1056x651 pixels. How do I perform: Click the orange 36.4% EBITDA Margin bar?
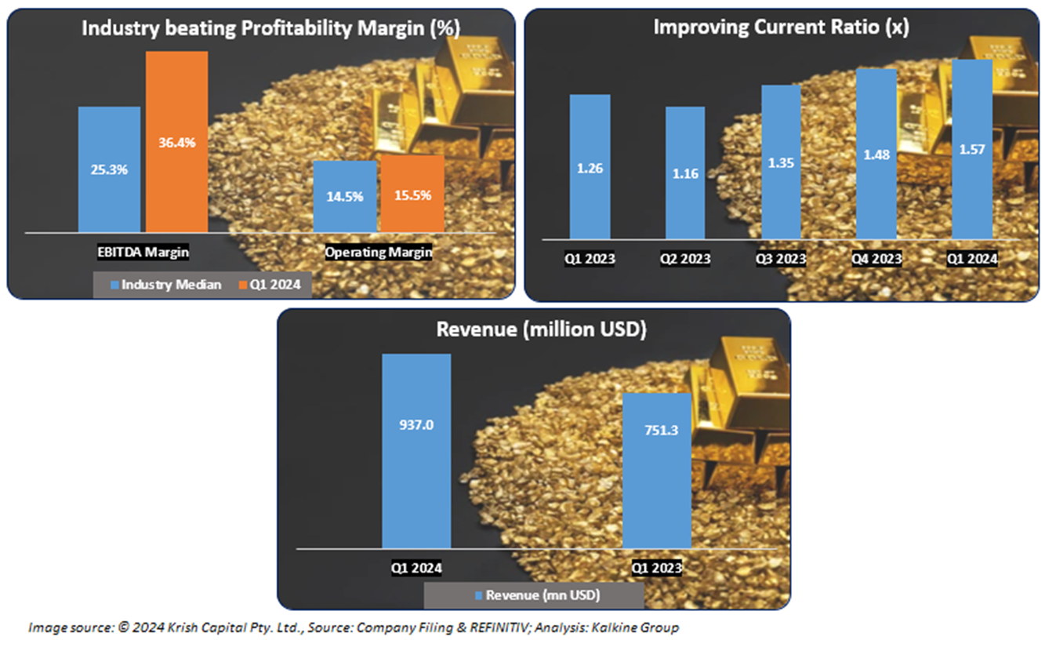[x=176, y=141]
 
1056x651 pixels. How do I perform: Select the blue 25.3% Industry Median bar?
[x=109, y=169]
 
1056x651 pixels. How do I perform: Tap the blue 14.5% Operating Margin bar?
[x=344, y=196]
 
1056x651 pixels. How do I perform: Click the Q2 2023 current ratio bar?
[x=685, y=173]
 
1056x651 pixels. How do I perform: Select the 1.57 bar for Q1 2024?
[x=973, y=149]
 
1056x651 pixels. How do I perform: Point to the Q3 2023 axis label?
[x=780, y=259]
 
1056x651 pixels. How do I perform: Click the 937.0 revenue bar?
[x=416, y=450]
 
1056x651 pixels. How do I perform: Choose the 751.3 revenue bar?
[x=657, y=470]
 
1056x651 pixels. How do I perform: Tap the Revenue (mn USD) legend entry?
[x=538, y=595]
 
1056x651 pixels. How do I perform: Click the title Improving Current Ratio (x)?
[x=781, y=27]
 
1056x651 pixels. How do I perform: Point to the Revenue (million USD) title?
[x=541, y=329]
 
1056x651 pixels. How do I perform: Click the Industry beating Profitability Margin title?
[x=270, y=27]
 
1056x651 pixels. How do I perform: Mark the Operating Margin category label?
[x=379, y=253]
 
